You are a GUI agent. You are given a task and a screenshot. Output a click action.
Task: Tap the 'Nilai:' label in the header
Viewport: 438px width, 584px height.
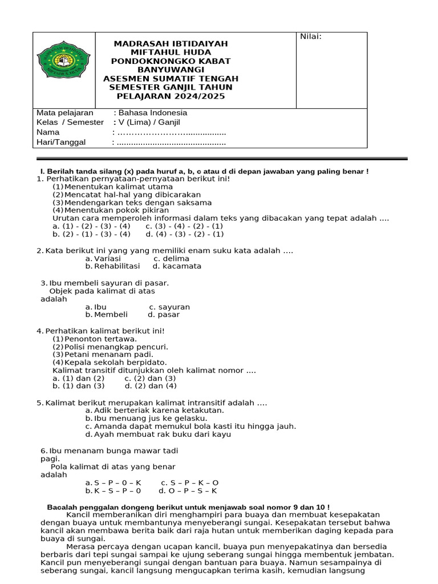(311, 37)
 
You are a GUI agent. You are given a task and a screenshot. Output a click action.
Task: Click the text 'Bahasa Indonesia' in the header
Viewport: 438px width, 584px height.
(151, 113)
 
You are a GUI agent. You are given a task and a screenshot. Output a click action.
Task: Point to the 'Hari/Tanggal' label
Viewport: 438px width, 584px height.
(59, 142)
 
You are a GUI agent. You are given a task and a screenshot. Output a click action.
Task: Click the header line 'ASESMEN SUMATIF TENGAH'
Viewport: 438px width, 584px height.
(171, 79)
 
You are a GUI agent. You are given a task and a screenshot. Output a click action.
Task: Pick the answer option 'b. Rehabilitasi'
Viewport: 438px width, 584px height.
(112, 266)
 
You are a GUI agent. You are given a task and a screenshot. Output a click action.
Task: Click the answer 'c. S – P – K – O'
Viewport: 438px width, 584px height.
(190, 482)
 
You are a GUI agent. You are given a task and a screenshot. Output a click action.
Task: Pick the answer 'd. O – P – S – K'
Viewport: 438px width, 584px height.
(188, 490)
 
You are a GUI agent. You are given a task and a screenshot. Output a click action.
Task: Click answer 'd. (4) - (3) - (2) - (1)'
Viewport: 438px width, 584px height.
(185, 234)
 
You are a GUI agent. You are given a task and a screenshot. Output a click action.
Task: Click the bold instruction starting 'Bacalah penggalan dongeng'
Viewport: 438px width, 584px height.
(188, 507)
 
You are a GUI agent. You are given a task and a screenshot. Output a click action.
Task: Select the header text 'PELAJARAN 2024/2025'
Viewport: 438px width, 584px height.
(171, 96)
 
